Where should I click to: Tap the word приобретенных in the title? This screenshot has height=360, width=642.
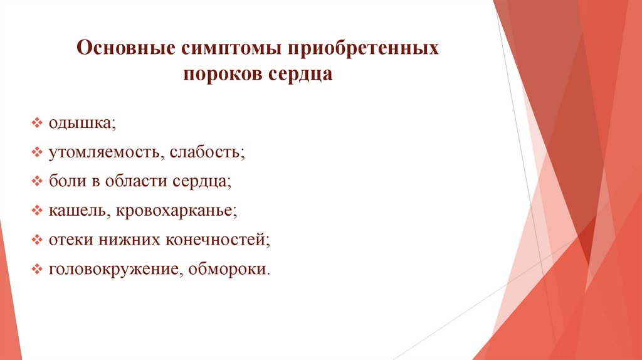point(364,49)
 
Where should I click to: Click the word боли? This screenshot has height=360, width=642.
point(64,182)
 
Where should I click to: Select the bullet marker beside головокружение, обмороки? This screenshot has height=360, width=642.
point(37,270)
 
